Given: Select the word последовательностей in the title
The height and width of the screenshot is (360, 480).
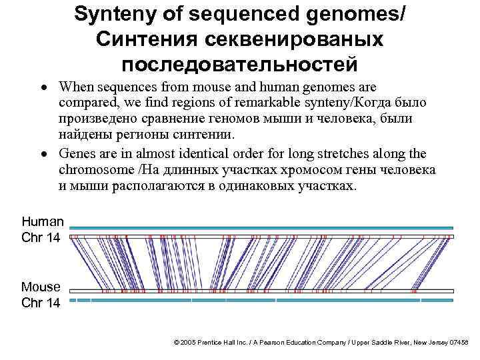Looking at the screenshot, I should click(239, 64).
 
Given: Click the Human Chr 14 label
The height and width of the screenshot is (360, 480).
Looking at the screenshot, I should click(42, 229).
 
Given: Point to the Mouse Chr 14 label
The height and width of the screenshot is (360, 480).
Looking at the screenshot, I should click(41, 295).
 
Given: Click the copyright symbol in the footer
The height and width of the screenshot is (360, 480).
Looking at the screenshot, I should click(176, 342).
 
